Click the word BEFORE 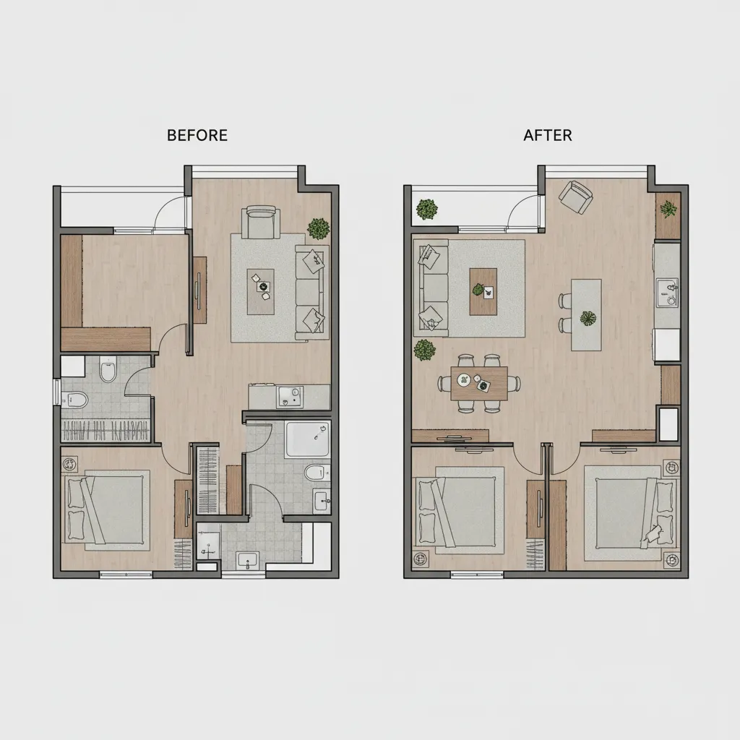(x=197, y=135)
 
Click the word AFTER (x=548, y=135)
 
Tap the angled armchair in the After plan (x=576, y=197)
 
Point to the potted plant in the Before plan (x=318, y=228)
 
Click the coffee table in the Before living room (x=261, y=291)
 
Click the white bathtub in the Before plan (x=308, y=439)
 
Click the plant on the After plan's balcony (x=427, y=210)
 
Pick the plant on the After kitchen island (x=586, y=318)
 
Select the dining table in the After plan (x=478, y=383)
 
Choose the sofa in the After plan (x=431, y=288)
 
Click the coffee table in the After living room (x=483, y=291)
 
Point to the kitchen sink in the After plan (x=668, y=292)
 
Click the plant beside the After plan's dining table (x=424, y=350)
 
